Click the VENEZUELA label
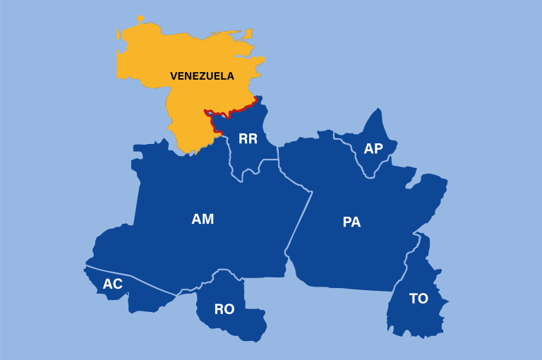202,76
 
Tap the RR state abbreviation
248,139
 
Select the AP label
373,149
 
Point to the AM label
203,220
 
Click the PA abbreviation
351,222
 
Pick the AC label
113,284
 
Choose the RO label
224,309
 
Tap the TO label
418,299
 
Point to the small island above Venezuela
140,18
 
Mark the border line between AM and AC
134,280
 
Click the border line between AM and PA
299,219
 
